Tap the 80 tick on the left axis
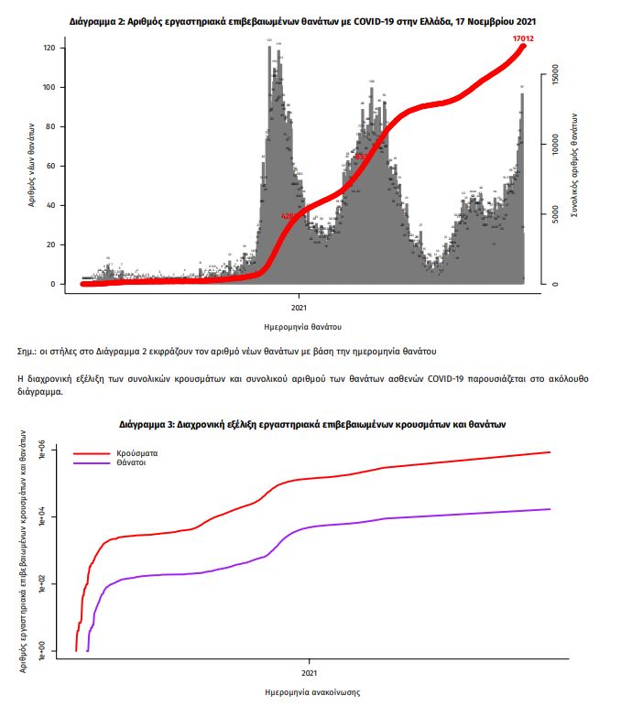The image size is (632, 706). click(x=52, y=126)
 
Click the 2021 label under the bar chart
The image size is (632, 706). click(x=300, y=309)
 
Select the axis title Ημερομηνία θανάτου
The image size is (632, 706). click(x=300, y=326)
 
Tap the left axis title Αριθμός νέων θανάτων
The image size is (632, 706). click(x=31, y=165)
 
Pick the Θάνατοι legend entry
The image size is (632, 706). click(x=132, y=464)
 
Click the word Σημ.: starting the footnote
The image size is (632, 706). click(x=29, y=351)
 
